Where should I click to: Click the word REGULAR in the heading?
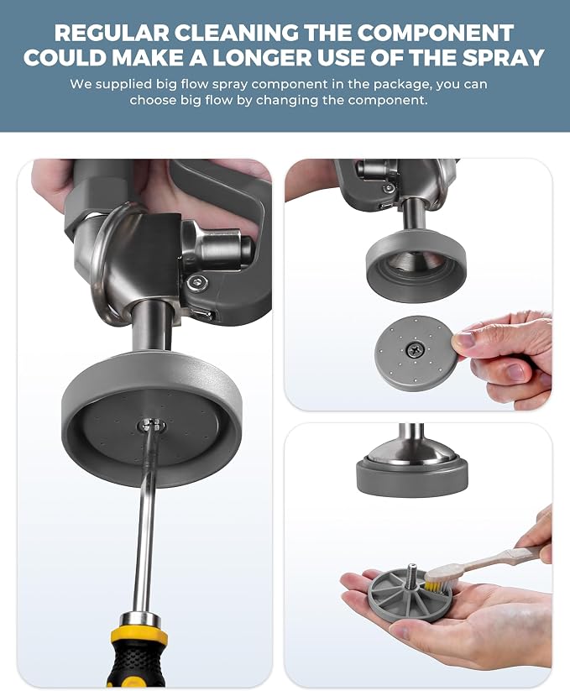point(112,33)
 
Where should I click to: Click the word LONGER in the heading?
point(262,57)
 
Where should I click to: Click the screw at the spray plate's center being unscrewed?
point(150,427)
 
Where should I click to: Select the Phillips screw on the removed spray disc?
point(415,350)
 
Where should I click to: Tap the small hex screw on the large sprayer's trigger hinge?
point(197,281)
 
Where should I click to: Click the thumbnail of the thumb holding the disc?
point(463,340)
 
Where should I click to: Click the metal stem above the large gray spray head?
point(152,326)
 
